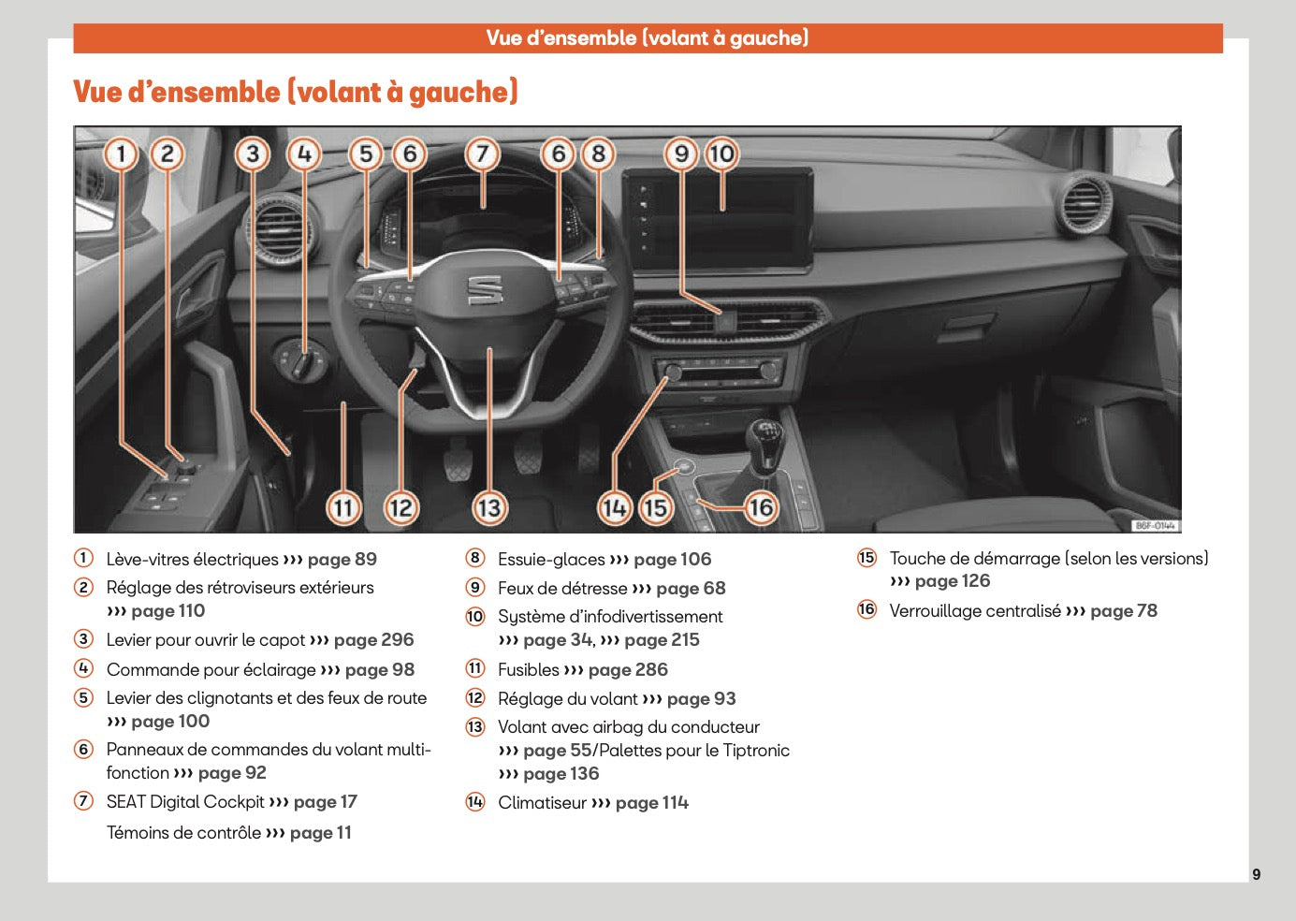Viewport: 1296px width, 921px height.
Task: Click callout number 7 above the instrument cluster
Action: pyautogui.click(x=482, y=154)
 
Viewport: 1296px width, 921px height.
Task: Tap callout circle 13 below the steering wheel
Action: pyautogui.click(x=489, y=507)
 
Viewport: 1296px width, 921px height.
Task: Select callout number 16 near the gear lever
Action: pyautogui.click(x=761, y=507)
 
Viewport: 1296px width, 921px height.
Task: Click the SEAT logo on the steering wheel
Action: pyautogui.click(x=485, y=290)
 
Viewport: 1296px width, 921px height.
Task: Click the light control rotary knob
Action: pyautogui.click(x=301, y=360)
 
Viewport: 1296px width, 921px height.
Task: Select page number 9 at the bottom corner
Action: pyautogui.click(x=1256, y=874)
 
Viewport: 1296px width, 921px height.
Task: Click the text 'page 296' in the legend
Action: pyautogui.click(x=373, y=640)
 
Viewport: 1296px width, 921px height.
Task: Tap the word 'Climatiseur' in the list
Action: pyautogui.click(x=542, y=803)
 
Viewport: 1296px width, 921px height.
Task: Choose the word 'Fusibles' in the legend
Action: pyautogui.click(x=528, y=670)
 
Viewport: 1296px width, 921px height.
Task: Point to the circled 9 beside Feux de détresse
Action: pyautogui.click(x=475, y=588)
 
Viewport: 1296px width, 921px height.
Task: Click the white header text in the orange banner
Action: pyautogui.click(x=647, y=38)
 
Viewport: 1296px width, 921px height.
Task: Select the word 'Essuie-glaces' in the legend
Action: pyautogui.click(x=551, y=560)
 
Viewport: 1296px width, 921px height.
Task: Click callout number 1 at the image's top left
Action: pyautogui.click(x=122, y=154)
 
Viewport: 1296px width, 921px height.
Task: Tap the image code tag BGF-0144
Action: pyautogui.click(x=1156, y=526)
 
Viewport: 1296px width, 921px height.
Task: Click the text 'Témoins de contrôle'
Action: pyautogui.click(x=183, y=833)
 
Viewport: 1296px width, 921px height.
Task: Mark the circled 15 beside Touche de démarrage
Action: pyautogui.click(x=866, y=559)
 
